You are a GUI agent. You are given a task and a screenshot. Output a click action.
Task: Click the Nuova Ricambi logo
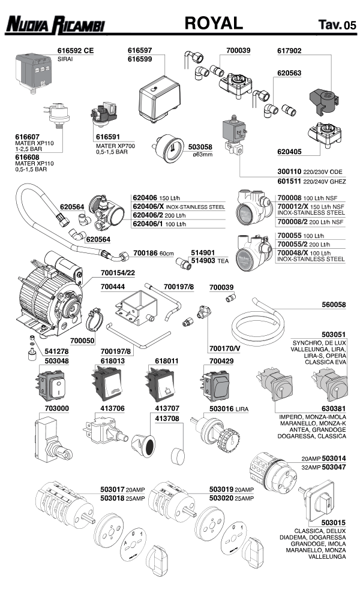click(55, 25)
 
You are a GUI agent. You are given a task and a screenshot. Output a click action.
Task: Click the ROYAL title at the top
click(214, 23)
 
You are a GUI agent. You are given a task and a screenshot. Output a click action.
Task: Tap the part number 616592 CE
click(76, 52)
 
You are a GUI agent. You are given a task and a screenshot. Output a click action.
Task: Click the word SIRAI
click(65, 60)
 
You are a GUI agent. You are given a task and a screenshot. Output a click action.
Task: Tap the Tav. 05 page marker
click(337, 26)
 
